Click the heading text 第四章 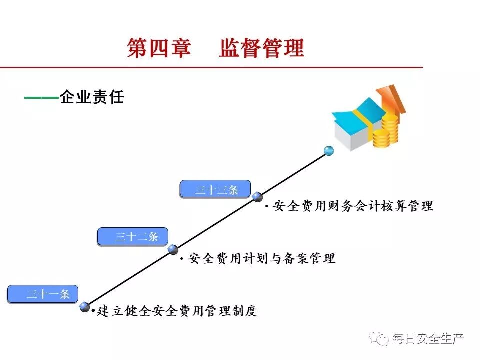159,49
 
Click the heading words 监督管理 261,49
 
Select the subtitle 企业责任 92,97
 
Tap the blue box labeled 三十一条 42,294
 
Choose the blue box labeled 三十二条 132,236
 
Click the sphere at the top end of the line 328,150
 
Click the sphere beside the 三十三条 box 258,197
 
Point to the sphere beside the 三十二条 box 173,249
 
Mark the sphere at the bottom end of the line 85,307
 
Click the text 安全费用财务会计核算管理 353,206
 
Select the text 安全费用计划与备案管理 261,258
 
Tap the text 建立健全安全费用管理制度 177,311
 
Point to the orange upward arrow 392,100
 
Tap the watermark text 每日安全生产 428,339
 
